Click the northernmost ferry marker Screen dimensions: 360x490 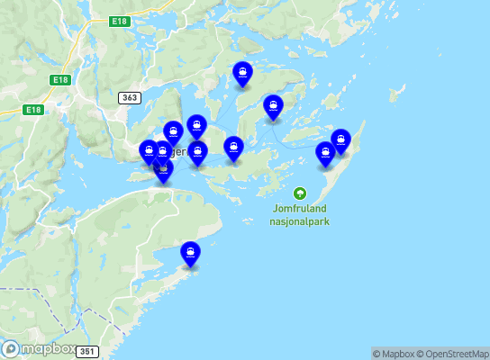pos(242,74)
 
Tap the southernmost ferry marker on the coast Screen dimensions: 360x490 pos(190,254)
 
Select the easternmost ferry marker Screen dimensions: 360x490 pos(340,141)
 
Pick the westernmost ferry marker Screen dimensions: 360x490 pos(150,152)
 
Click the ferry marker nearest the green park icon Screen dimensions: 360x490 pos(325,154)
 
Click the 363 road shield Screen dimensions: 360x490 pos(129,96)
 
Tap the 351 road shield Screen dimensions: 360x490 pos(86,351)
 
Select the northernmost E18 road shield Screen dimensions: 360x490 pos(120,20)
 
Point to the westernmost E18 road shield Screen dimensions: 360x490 pos(33,110)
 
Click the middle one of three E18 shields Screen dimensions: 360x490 pos(60,80)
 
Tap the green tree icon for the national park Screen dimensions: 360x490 pos(300,193)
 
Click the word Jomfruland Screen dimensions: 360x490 pos(299,208)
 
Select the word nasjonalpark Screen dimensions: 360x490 pos(299,220)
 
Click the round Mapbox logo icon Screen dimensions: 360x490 pos(11,348)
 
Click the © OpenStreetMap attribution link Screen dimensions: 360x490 pos(455,354)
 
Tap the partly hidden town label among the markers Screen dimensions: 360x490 pos(179,152)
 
